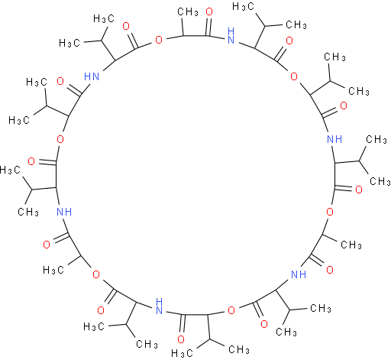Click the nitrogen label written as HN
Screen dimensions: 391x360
pyautogui.click(x=92, y=76)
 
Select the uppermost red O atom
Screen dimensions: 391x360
pyautogui.click(x=209, y=11)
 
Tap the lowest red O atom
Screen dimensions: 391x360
pyautogui.click(x=181, y=339)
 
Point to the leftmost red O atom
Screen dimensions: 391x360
pyautogui.click(x=31, y=161)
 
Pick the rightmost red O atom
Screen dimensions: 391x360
pyautogui.click(x=359, y=190)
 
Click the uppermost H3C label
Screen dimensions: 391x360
pyautogui.click(x=243, y=6)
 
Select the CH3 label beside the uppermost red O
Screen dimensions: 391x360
pyautogui.click(x=188, y=11)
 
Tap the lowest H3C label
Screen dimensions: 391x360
pyautogui.click(x=183, y=353)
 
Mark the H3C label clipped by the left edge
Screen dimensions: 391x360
pyautogui.click(x=10, y=170)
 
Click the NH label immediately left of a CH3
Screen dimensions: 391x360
pyautogui.click(x=334, y=139)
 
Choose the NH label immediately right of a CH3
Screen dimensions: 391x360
pyautogui.click(x=64, y=212)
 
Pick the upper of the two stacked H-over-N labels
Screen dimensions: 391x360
pyautogui.click(x=231, y=36)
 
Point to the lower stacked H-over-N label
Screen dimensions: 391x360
pyautogui.click(x=159, y=306)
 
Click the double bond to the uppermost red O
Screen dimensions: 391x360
pyautogui.click(x=209, y=26)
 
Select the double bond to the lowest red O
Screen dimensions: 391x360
pyautogui.click(x=182, y=324)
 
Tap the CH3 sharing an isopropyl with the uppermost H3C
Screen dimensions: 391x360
pyautogui.click(x=296, y=24)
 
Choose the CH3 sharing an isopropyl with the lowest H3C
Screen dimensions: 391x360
pyautogui.click(x=239, y=349)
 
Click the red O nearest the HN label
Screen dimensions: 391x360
pyautogui.click(x=60, y=81)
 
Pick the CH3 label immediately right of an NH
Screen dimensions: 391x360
pyautogui.click(x=376, y=139)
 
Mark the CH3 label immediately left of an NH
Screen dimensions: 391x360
pyautogui.click(x=28, y=212)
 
